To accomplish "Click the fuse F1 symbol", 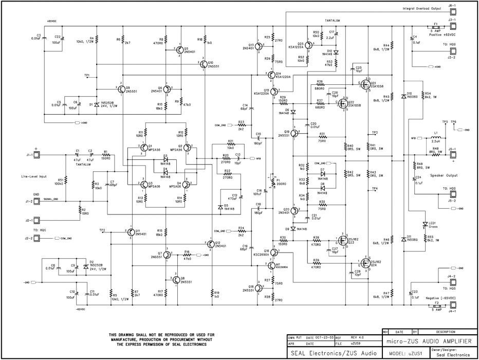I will (x=435, y=28).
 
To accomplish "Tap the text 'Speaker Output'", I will (x=445, y=175).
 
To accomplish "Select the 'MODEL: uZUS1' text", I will (x=406, y=354).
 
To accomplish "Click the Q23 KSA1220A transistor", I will (x=309, y=45).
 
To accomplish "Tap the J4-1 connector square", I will (x=453, y=310).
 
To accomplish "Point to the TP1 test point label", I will (x=87, y=75).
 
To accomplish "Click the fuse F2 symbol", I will (x=435, y=305).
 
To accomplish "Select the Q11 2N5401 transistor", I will (x=130, y=232).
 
